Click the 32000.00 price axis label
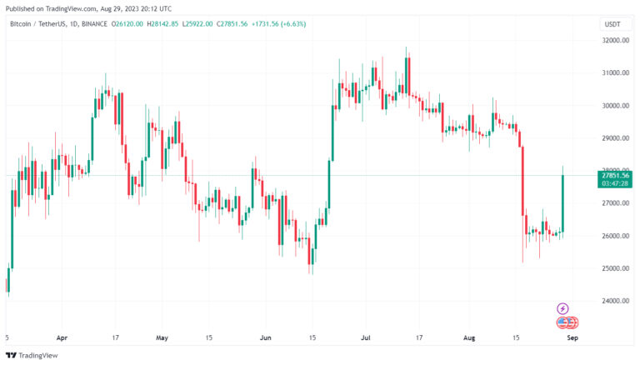point(616,40)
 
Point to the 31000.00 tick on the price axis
point(616,72)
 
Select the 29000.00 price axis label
point(616,138)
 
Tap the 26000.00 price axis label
point(616,236)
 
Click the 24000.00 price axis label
point(616,301)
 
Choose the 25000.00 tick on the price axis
point(616,268)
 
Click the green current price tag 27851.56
point(617,174)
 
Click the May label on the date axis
point(162,338)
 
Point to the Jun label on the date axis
point(266,338)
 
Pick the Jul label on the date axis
point(365,338)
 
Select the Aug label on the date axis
point(467,338)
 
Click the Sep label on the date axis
point(571,338)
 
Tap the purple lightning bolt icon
point(562,308)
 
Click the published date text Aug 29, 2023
point(126,7)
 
